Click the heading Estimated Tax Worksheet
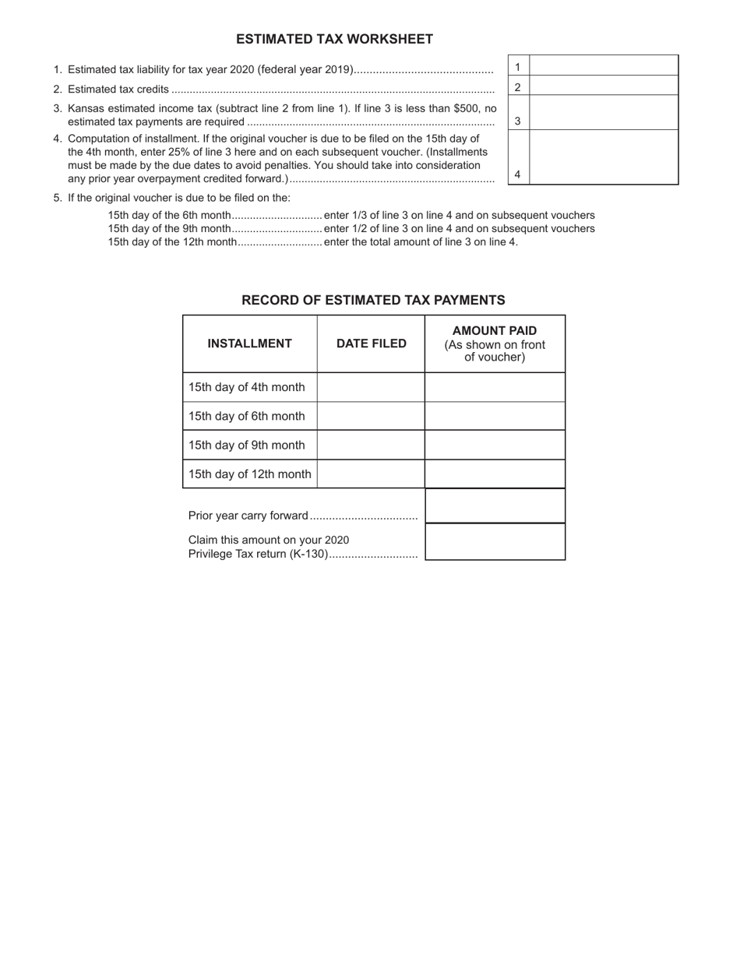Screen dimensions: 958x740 coord(334,39)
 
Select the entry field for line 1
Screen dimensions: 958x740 coord(604,65)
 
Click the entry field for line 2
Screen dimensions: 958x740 coord(604,86)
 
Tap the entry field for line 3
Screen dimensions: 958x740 coord(604,113)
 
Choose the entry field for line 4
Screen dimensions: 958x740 coord(604,157)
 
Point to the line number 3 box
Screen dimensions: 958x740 coord(518,121)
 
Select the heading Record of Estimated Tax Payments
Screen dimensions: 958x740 coord(373,300)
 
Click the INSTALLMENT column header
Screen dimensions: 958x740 coord(249,343)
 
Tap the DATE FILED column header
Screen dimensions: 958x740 coord(371,343)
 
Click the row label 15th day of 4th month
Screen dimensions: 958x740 coord(247,387)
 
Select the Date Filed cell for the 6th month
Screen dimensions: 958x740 coord(371,416)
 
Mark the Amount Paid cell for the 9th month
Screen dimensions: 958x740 coord(495,445)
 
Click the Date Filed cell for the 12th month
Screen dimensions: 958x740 coord(371,474)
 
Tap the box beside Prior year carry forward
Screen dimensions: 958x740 coord(495,506)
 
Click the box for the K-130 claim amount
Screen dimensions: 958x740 coord(495,542)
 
